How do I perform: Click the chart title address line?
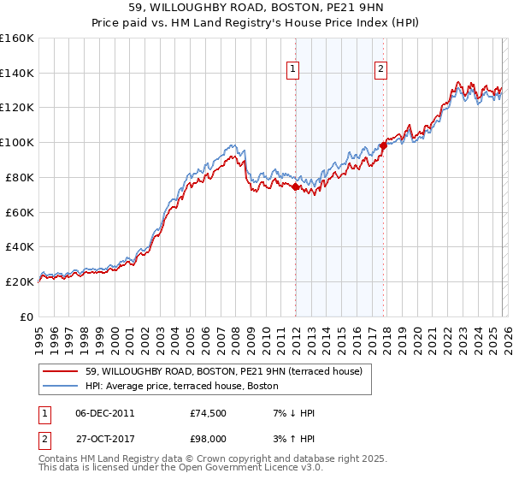click(x=256, y=9)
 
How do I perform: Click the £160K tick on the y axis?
click(x=17, y=38)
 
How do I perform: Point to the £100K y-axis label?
click(x=17, y=143)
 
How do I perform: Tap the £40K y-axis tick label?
click(x=19, y=247)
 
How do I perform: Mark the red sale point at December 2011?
click(x=295, y=186)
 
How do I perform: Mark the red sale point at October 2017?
click(x=383, y=145)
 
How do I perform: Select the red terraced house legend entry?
click(x=224, y=371)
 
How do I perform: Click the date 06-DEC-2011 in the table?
click(x=105, y=413)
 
